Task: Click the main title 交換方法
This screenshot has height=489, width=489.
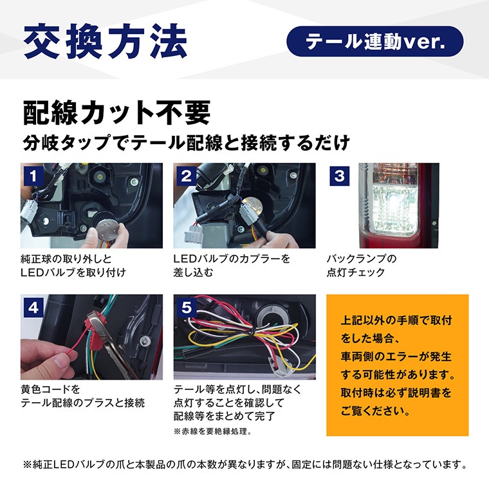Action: click(106, 41)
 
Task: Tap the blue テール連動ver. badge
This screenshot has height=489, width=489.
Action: click(375, 41)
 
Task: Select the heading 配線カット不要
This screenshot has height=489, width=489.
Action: click(116, 113)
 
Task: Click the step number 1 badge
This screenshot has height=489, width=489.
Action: click(33, 176)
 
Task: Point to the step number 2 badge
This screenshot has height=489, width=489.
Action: click(187, 176)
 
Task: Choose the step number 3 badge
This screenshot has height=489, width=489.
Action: click(340, 176)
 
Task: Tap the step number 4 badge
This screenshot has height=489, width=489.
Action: click(33, 308)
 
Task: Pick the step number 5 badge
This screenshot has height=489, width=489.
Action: click(187, 308)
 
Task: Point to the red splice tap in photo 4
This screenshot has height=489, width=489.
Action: click(95, 331)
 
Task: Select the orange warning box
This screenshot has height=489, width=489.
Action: click(398, 365)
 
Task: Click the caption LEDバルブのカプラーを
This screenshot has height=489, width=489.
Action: click(232, 259)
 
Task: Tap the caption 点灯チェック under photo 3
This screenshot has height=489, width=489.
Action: click(356, 272)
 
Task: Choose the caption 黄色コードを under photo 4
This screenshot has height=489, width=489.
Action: click(50, 389)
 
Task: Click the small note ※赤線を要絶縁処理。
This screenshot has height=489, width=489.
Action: click(213, 431)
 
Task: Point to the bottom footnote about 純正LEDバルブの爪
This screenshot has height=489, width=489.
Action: click(245, 465)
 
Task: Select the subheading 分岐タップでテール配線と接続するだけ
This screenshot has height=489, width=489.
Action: click(186, 143)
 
